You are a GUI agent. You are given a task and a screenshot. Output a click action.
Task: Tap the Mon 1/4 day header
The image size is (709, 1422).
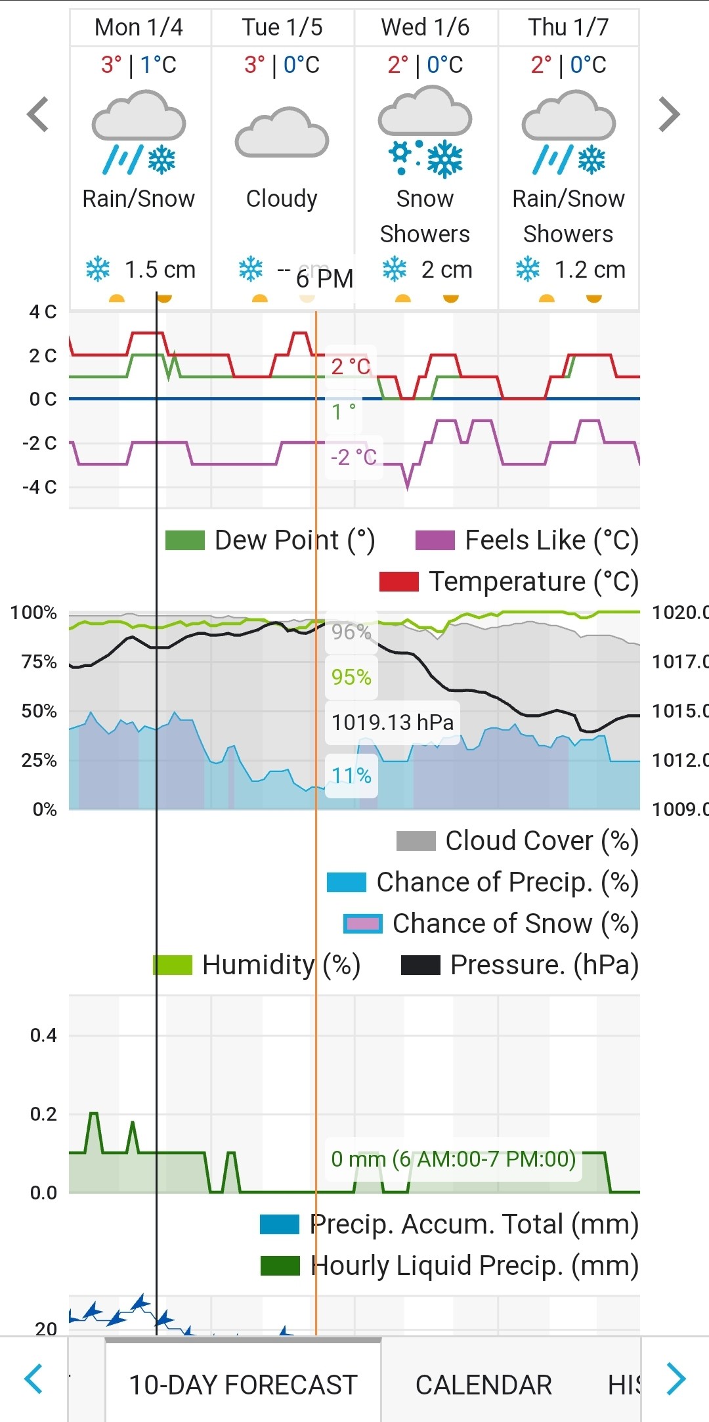click(139, 28)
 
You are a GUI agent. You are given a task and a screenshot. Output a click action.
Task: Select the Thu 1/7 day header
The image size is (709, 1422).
click(569, 28)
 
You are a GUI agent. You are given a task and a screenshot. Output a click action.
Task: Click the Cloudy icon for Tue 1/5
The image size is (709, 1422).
click(282, 133)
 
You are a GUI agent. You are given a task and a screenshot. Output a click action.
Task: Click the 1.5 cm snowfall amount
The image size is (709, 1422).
click(160, 270)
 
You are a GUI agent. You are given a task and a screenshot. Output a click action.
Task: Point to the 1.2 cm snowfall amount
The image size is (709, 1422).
click(590, 270)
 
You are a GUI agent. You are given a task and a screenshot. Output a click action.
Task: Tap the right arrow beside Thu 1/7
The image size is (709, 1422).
click(669, 115)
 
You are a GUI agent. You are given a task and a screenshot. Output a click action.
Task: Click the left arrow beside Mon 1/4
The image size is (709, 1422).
click(38, 115)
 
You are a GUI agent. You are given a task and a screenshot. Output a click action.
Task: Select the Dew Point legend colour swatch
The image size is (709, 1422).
click(185, 540)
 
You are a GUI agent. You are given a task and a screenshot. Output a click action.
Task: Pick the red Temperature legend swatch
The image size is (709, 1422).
click(399, 582)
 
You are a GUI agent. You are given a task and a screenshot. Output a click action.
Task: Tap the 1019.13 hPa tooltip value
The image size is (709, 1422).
click(392, 722)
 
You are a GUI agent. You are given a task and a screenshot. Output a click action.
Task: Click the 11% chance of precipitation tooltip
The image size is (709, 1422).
click(351, 776)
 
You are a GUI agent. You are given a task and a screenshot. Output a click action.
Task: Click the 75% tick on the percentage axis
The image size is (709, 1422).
click(39, 662)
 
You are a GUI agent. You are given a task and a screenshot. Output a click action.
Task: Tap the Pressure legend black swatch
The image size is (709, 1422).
click(420, 965)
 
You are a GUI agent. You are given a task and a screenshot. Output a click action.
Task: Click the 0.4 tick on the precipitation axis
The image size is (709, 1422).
click(43, 1036)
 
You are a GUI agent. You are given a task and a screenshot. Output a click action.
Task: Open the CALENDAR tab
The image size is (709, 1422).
click(484, 1385)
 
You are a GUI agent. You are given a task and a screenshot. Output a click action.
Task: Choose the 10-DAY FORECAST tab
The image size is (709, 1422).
click(243, 1385)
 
